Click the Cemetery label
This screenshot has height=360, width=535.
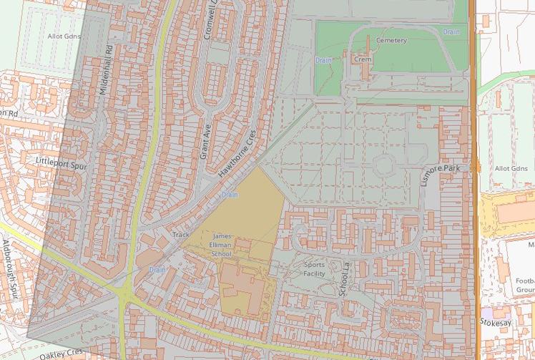[391, 41]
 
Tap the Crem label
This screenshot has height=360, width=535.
[363, 59]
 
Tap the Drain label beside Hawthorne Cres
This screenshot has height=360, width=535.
[230, 194]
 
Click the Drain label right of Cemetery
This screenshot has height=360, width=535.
[451, 31]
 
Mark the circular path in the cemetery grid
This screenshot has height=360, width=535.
[383, 166]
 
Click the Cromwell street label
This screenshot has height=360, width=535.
[213, 20]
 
